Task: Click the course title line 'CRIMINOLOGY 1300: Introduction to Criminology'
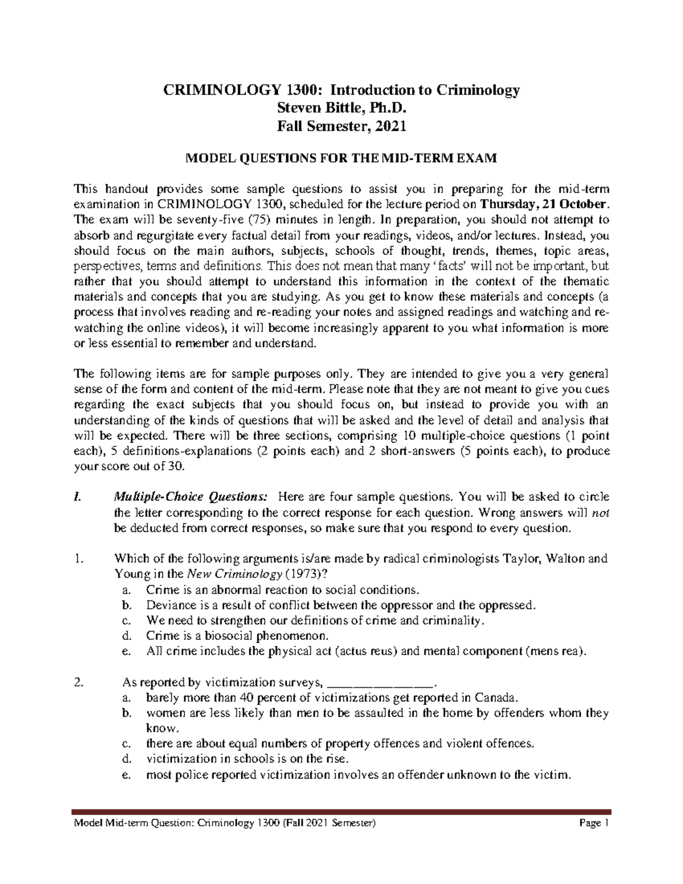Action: (x=341, y=91)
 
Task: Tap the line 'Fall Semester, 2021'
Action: (x=341, y=127)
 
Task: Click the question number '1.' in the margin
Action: (x=79, y=558)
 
